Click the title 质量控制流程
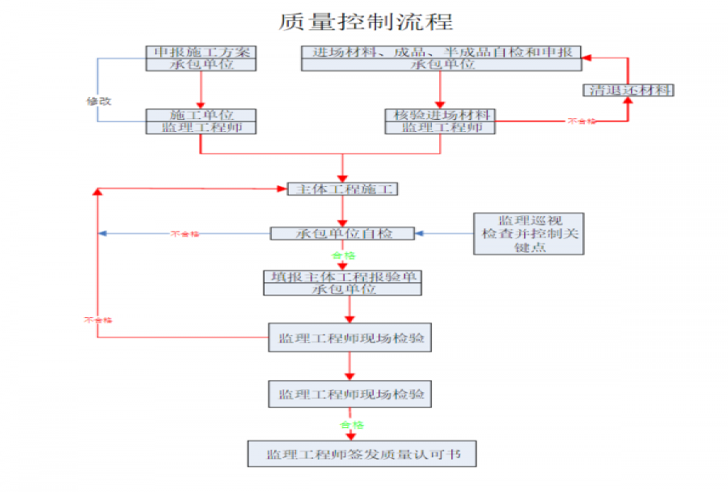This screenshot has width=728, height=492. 366,22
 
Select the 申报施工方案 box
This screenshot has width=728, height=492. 201,53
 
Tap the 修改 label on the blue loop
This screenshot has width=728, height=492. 99,101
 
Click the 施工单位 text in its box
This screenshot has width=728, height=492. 201,115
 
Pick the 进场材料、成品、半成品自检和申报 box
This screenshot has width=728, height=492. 442,53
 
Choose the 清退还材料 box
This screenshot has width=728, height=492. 628,90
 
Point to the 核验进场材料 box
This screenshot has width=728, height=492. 439,115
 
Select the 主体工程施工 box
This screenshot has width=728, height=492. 343,189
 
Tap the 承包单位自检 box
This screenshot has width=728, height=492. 342,234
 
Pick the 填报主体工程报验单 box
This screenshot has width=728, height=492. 342,277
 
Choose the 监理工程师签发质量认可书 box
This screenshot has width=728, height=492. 362,454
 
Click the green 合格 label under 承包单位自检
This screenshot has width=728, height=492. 343,255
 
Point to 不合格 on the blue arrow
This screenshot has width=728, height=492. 185,234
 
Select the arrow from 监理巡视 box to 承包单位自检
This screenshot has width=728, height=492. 444,234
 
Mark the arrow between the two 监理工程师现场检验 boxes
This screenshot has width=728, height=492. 349,367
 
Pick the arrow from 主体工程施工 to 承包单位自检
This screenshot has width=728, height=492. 343,211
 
